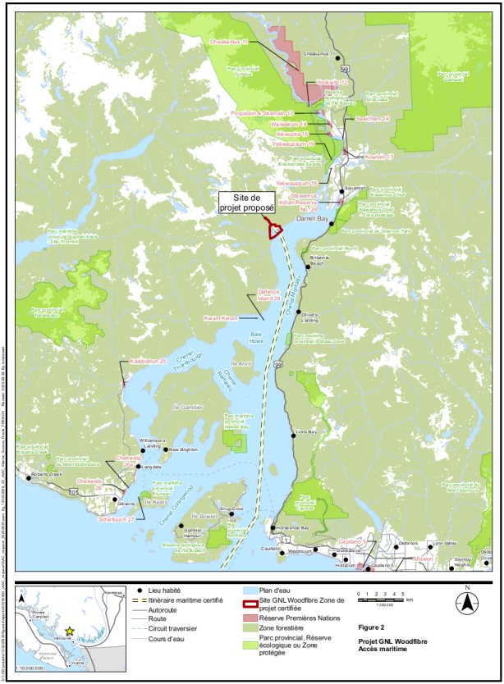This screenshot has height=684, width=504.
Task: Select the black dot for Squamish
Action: click(341, 191)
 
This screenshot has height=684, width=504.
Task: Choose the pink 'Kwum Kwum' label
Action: click(221, 317)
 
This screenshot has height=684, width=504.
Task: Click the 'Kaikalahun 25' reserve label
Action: click(148, 361)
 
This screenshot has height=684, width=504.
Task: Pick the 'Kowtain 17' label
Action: click(379, 156)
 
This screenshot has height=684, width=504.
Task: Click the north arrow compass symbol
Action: click(466, 601)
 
